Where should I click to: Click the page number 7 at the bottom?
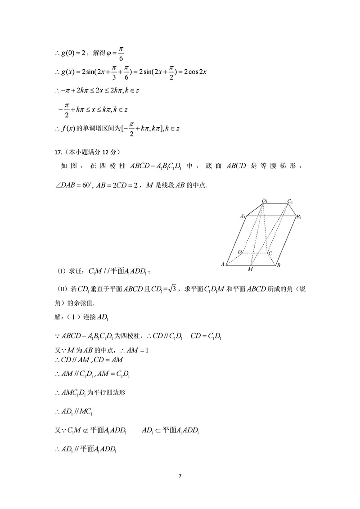click(x=180, y=475)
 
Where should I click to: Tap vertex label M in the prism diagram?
click(x=250, y=269)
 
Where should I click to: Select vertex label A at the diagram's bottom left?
click(x=223, y=264)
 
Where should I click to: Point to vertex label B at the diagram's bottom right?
click(x=279, y=265)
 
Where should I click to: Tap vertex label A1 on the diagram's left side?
click(x=243, y=216)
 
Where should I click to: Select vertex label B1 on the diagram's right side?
click(x=298, y=217)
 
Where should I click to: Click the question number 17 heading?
click(x=57, y=151)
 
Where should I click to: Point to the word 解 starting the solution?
click(x=57, y=318)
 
